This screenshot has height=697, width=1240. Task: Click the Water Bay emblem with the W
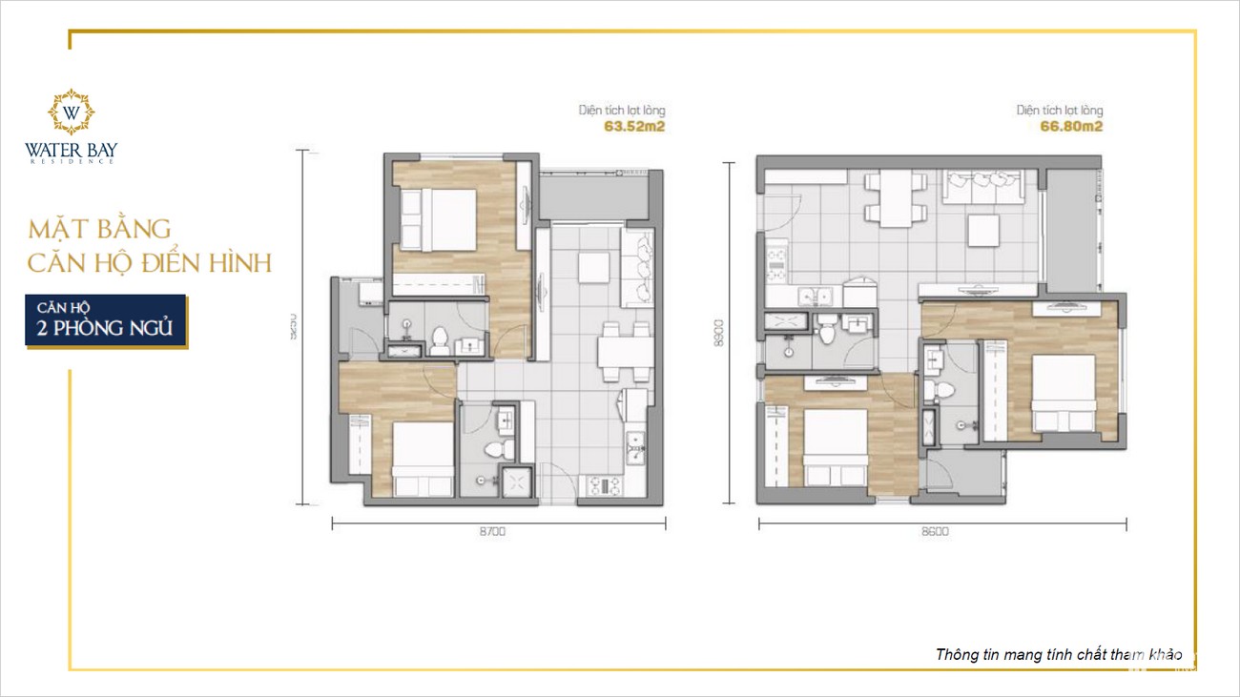[x=72, y=113]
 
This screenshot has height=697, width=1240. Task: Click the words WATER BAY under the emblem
[x=72, y=150]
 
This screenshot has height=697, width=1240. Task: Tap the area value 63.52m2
[x=633, y=125]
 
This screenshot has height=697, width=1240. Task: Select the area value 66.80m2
[x=1072, y=125]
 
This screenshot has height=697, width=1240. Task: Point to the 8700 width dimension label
[x=492, y=532]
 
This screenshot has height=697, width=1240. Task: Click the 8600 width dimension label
[x=936, y=532]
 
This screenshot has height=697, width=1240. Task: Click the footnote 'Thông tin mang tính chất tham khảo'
[x=1059, y=655]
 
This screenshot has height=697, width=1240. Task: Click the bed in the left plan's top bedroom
[x=438, y=219]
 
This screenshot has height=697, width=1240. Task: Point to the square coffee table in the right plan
[x=983, y=229]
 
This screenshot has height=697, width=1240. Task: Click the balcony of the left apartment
[x=591, y=197]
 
